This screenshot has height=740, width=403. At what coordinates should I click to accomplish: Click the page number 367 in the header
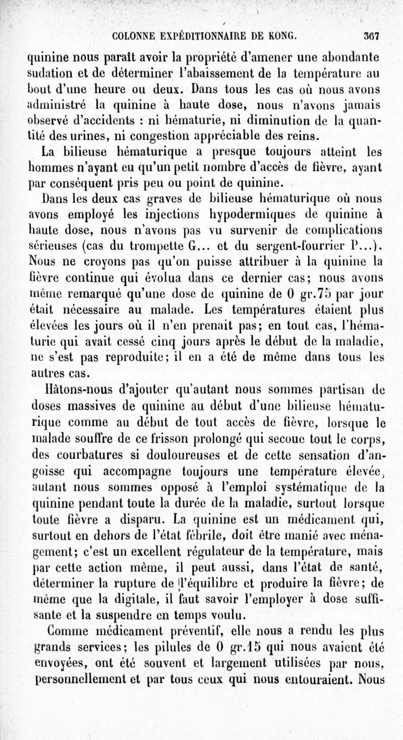(x=371, y=36)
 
